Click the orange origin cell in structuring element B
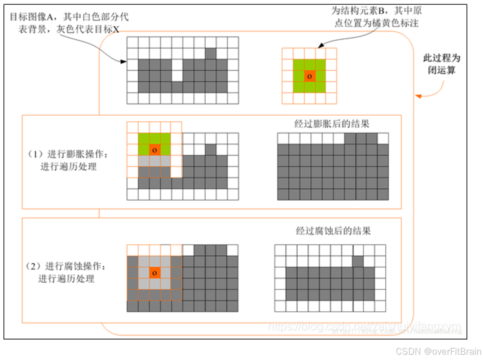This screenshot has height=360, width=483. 309,76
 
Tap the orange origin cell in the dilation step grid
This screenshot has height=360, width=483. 154,150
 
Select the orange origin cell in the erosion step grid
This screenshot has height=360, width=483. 154,273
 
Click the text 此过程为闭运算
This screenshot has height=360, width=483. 442,64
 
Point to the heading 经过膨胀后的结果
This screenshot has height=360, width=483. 332,124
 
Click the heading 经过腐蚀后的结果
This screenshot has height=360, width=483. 333,230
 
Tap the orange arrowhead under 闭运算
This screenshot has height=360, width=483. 418,96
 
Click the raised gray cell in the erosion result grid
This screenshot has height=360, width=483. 358,261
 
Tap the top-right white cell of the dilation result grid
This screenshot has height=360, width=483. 383,138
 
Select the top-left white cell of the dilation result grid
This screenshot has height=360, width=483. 283,138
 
